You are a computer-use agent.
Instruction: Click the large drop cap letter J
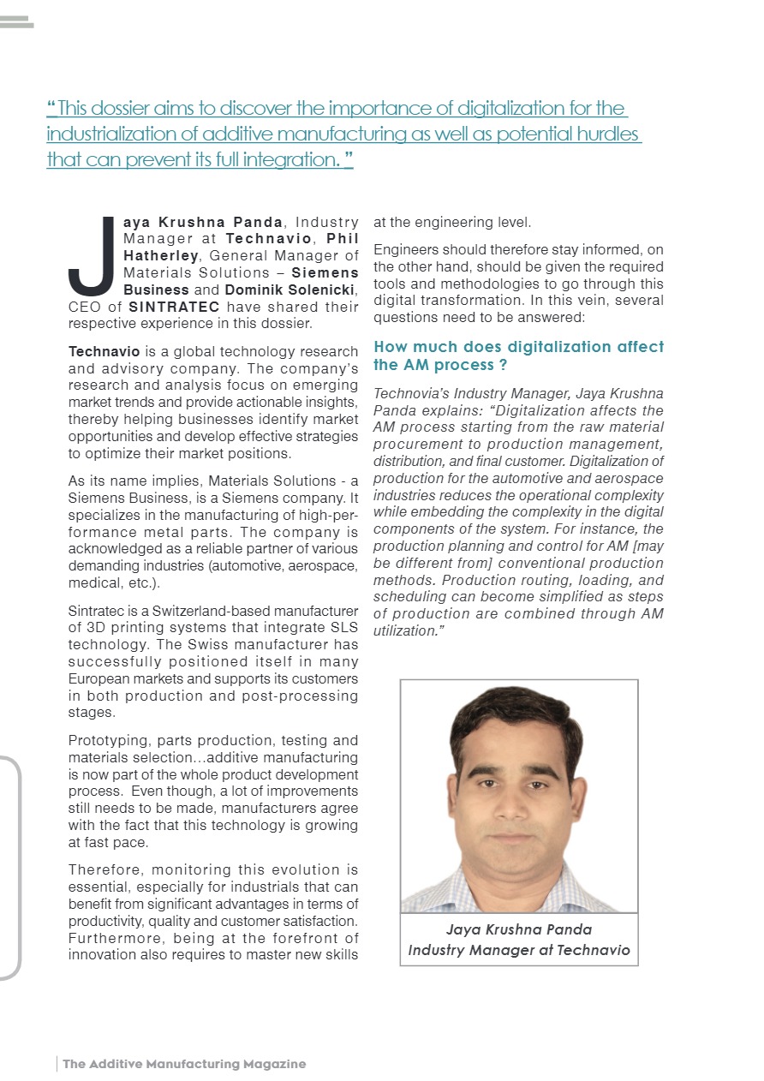pyautogui.click(x=90, y=255)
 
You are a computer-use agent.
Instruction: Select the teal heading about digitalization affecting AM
pyautogui.click(x=518, y=355)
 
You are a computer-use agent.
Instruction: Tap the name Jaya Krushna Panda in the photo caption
pyautogui.click(x=519, y=929)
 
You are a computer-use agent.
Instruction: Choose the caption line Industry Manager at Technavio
pyautogui.click(x=519, y=949)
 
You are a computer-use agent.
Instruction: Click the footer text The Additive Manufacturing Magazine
pyautogui.click(x=184, y=1064)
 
